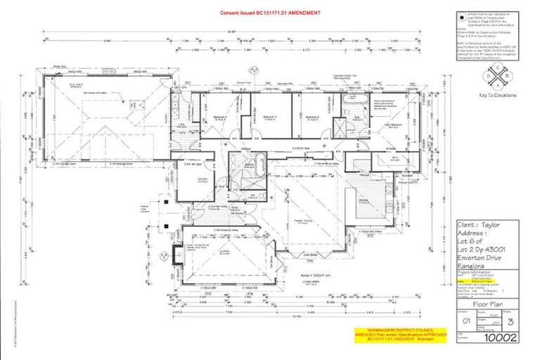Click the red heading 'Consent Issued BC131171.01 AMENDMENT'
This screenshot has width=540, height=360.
click(271, 13)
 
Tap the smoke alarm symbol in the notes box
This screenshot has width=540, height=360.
click(458, 14)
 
